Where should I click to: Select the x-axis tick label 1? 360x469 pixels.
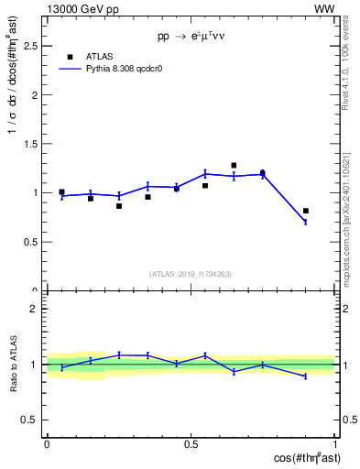[x=335, y=443]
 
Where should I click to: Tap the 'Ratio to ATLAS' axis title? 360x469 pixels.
[x=13, y=365]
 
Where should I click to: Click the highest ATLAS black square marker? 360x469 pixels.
[x=234, y=166]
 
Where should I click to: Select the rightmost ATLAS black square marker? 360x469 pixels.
[x=306, y=211]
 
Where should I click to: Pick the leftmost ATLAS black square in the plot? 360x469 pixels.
[x=61, y=192]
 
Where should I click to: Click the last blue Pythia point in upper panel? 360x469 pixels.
[x=306, y=222]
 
